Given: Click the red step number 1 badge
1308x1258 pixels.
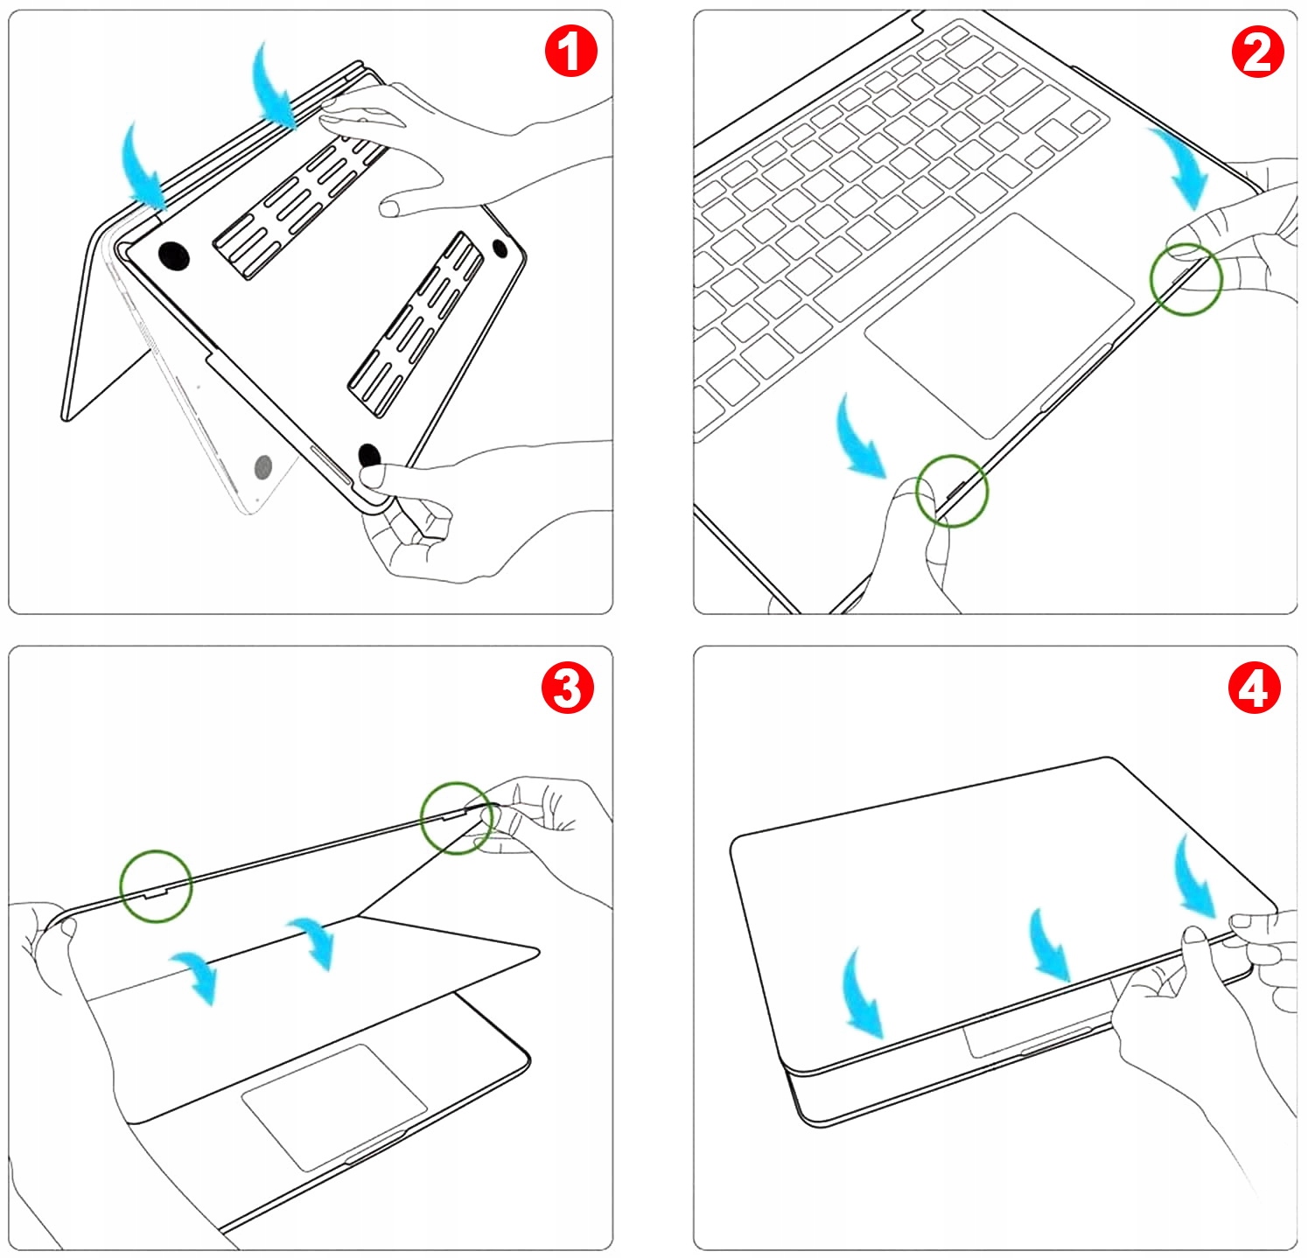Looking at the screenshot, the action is pyautogui.click(x=570, y=52).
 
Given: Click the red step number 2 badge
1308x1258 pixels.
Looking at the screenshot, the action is pyautogui.click(x=1257, y=52).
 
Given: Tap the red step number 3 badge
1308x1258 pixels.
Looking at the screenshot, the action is pyautogui.click(x=567, y=687).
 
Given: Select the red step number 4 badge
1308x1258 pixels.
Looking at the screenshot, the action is pyautogui.click(x=1254, y=688).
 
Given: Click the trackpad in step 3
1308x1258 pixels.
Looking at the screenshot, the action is pyautogui.click(x=333, y=1106).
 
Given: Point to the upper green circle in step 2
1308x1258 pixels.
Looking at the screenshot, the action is pyautogui.click(x=1186, y=280).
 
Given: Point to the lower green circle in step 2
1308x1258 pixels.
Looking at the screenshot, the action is pyautogui.click(x=952, y=491).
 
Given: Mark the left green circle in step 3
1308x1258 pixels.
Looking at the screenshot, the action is pyautogui.click(x=156, y=885).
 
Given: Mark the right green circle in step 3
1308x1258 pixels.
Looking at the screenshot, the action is pyautogui.click(x=456, y=818).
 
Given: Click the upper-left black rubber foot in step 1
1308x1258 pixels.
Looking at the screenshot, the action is pyautogui.click(x=174, y=255).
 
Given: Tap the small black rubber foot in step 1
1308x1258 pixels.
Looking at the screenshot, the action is pyautogui.click(x=500, y=248).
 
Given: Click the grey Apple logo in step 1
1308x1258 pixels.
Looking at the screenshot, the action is pyautogui.click(x=262, y=468).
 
